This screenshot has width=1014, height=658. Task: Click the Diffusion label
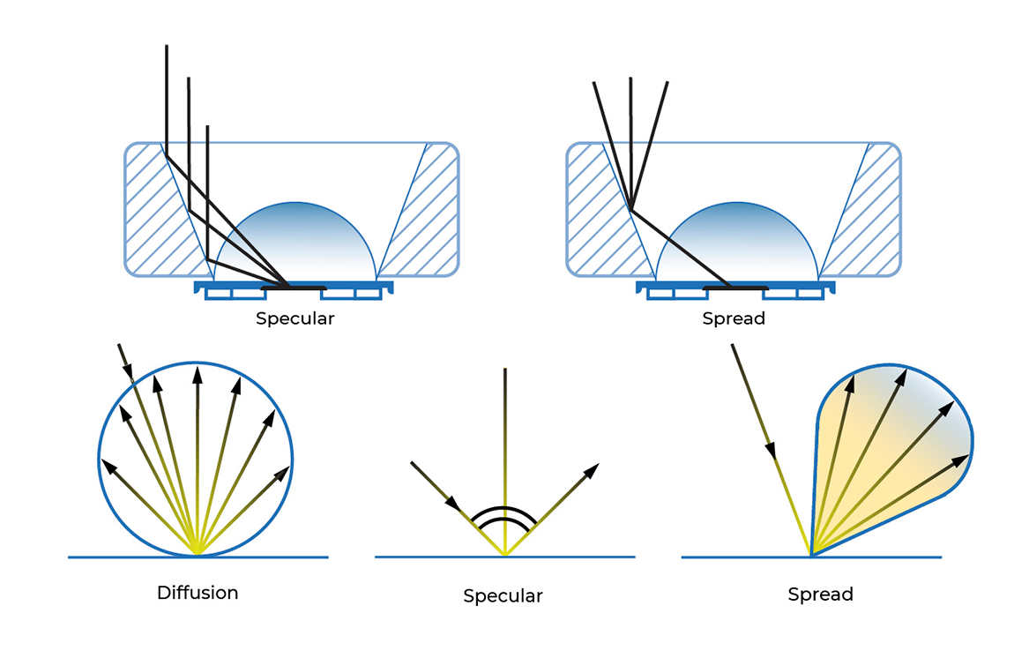(x=198, y=593)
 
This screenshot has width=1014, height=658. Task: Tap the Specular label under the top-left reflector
(x=295, y=318)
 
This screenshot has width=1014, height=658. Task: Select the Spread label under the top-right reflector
(x=734, y=318)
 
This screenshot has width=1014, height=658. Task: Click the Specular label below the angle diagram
(x=503, y=596)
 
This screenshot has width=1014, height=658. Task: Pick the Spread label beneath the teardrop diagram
(x=820, y=594)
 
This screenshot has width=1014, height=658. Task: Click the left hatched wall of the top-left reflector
(x=159, y=212)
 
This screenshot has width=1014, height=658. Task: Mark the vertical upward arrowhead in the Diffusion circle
(x=198, y=376)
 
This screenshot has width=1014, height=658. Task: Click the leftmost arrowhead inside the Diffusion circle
(x=109, y=465)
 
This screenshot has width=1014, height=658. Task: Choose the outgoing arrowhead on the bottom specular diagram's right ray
(x=593, y=468)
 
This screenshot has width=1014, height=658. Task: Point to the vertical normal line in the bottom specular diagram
(x=505, y=441)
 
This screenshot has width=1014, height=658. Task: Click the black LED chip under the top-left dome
(x=294, y=288)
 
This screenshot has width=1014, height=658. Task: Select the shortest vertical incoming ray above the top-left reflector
(x=207, y=176)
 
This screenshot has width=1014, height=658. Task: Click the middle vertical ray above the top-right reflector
(x=631, y=132)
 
